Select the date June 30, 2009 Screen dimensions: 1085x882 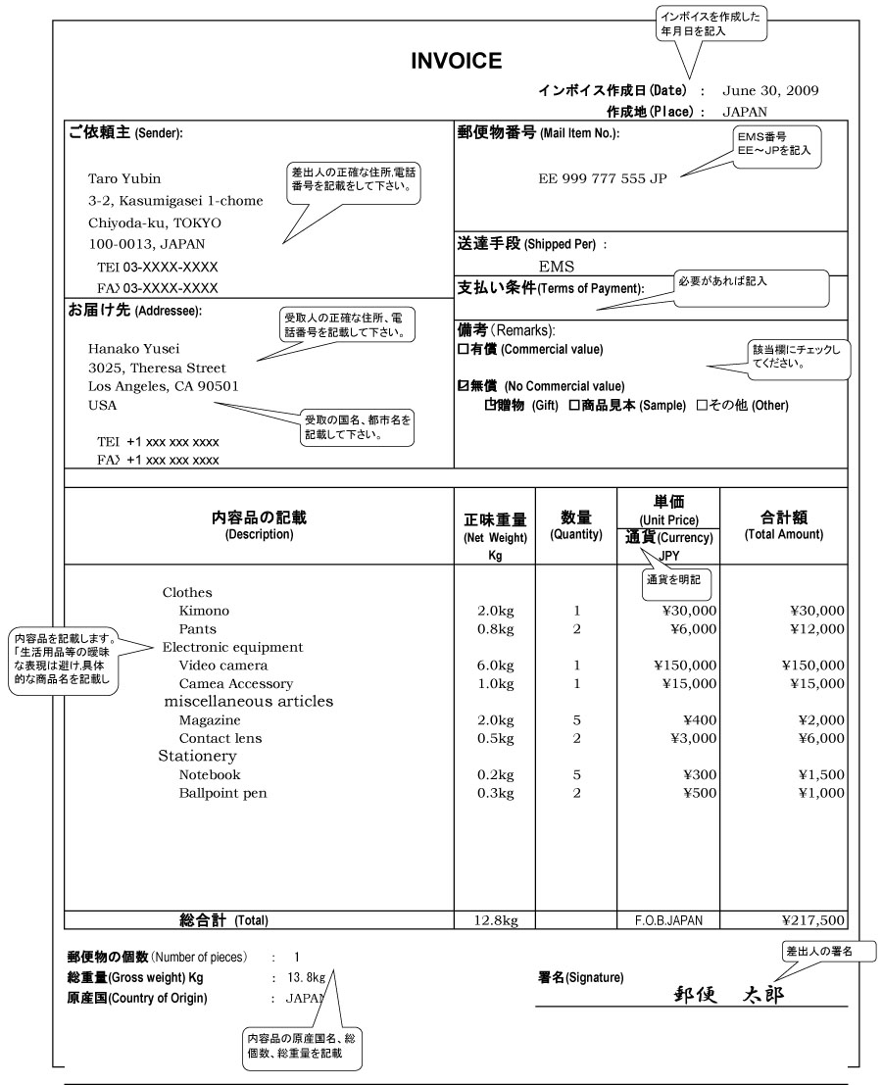[770, 91]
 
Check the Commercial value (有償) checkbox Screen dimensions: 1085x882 [464, 349]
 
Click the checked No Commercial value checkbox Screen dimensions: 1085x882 [464, 385]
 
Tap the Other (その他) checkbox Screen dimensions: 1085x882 [702, 405]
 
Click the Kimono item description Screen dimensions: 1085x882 [204, 611]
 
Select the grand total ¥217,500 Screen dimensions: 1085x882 [812, 920]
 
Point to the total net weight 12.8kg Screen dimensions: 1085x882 [494, 920]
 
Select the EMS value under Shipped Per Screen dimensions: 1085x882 [557, 265]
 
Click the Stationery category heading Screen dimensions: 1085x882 [198, 757]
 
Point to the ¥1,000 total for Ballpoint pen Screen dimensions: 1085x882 [819, 793]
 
